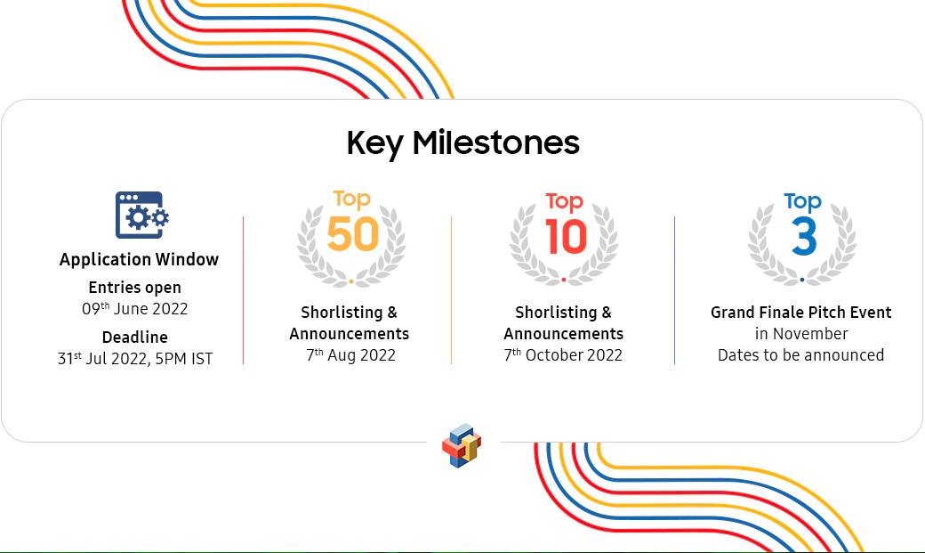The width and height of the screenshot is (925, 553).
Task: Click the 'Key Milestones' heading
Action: (x=463, y=143)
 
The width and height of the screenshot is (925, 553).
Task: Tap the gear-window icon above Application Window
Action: (x=141, y=216)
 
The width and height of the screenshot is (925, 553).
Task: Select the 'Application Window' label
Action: (x=140, y=259)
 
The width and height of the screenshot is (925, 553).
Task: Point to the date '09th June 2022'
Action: (x=135, y=308)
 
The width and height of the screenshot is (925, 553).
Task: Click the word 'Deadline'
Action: (x=135, y=337)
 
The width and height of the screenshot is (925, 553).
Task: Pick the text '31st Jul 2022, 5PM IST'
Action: (x=135, y=359)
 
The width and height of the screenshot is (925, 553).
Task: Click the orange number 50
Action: (x=353, y=234)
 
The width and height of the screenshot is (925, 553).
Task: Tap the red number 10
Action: (x=566, y=237)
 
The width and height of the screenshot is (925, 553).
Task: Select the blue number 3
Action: (x=804, y=236)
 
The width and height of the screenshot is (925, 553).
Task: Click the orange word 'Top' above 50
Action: (x=351, y=199)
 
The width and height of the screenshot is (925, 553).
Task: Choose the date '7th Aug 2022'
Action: (x=351, y=355)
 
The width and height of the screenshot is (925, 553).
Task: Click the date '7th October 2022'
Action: (x=563, y=355)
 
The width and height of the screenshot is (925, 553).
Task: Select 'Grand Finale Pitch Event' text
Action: (x=801, y=312)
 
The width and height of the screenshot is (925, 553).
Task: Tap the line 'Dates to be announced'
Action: (x=801, y=355)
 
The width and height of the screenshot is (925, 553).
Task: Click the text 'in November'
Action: (x=801, y=334)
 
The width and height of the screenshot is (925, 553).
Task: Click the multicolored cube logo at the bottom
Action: (x=462, y=445)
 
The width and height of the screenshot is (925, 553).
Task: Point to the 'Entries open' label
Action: (x=135, y=288)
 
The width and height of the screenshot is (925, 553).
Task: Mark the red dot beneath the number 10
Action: (x=564, y=280)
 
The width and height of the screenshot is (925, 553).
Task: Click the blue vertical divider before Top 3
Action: (x=674, y=290)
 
